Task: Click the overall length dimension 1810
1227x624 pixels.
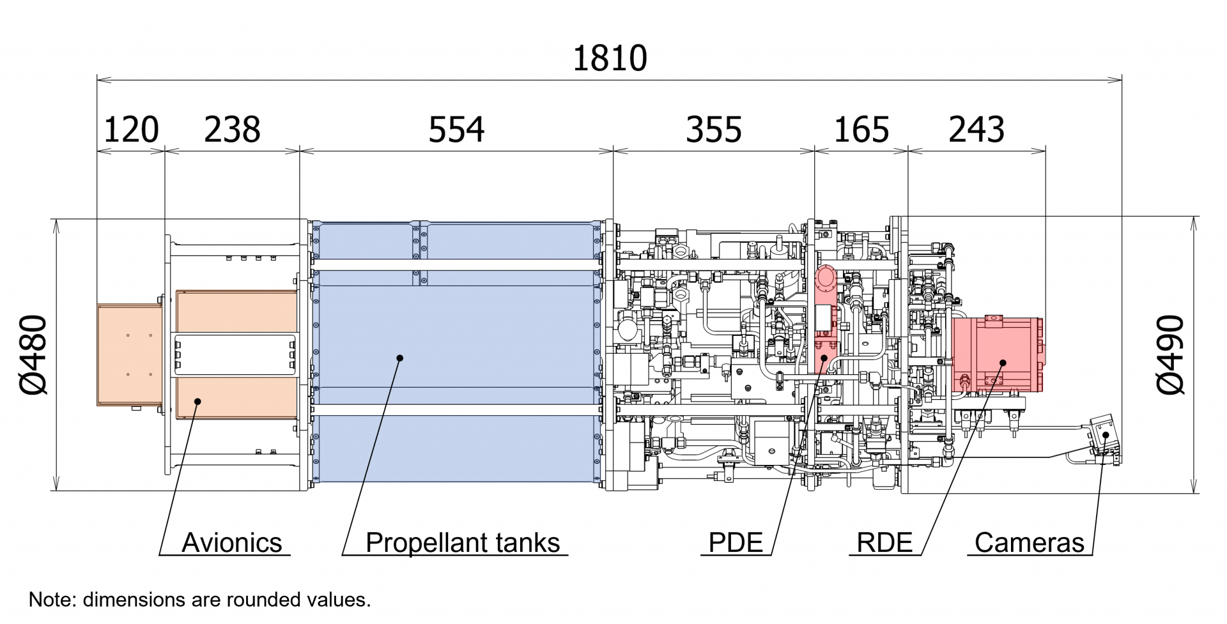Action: point(610,58)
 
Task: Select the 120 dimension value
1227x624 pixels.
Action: point(130,130)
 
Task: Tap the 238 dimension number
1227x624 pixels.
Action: point(232,130)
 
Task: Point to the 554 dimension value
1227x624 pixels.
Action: point(456,130)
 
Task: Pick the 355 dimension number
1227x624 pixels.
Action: point(713,130)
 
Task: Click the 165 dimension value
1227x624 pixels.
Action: point(861,130)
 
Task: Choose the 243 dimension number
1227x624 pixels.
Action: point(976,130)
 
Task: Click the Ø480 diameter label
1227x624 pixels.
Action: point(33,355)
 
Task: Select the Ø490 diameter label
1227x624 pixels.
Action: point(1171,355)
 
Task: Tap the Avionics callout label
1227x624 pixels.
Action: point(232,543)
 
